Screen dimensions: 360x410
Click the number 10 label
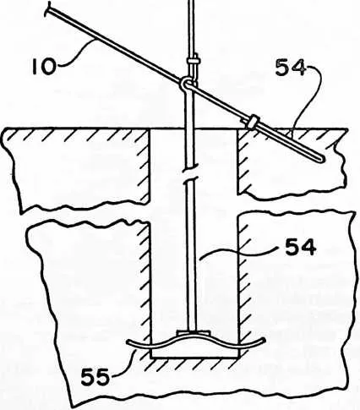[x=43, y=68]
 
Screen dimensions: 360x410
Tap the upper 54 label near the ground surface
[x=290, y=68]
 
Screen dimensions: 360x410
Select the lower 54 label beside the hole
[x=301, y=248]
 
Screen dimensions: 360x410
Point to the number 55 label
[x=95, y=377]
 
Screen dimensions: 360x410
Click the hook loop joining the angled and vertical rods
[x=186, y=84]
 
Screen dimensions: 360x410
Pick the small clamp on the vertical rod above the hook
[x=193, y=61]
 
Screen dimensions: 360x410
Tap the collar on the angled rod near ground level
[x=253, y=121]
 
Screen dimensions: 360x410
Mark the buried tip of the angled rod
[x=323, y=160]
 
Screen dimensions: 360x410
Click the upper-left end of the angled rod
[x=48, y=8]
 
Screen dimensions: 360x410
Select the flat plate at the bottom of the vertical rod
[x=194, y=333]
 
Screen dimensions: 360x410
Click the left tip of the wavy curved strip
[x=128, y=342]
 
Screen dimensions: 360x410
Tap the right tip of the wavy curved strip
[x=264, y=340]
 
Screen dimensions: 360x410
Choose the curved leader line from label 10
[x=75, y=54]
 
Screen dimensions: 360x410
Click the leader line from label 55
[x=126, y=363]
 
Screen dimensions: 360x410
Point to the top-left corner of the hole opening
[x=150, y=129]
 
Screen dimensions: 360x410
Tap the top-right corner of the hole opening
[x=237, y=129]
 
